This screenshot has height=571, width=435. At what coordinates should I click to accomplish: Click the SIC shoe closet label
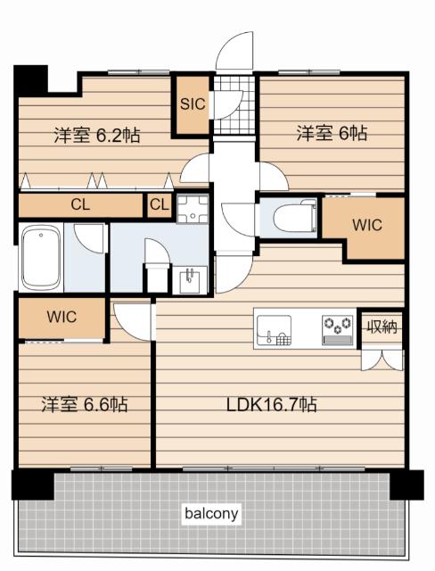pyautogui.click(x=193, y=104)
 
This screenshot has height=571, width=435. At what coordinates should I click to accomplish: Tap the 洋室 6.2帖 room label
pyautogui.click(x=97, y=135)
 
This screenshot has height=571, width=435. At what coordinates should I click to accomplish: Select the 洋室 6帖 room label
pyautogui.click(x=332, y=133)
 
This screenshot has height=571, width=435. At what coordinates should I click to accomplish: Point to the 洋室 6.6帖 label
pyautogui.click(x=85, y=404)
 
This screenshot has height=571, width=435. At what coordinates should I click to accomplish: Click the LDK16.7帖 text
pyautogui.click(x=271, y=404)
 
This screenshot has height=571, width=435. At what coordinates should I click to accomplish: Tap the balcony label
pyautogui.click(x=211, y=514)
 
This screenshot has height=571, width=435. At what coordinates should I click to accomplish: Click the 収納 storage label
pyautogui.click(x=382, y=327)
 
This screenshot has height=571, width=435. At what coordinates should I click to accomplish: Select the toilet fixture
pyautogui.click(x=295, y=218)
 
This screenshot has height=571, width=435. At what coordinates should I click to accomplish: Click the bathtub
pyautogui.click(x=41, y=258)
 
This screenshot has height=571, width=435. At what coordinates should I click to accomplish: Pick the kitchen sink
pyautogui.click(x=275, y=329)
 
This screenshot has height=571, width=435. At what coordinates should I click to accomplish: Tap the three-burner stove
pyautogui.click(x=338, y=329)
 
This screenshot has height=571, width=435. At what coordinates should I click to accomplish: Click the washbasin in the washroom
pyautogui.click(x=190, y=280)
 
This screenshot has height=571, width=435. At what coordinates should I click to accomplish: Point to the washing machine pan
pyautogui.click(x=193, y=209)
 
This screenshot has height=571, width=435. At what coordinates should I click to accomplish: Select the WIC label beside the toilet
pyautogui.click(x=367, y=225)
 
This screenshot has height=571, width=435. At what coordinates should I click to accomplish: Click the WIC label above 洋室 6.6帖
pyautogui.click(x=62, y=317)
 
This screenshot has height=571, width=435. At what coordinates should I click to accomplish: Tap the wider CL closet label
pyautogui.click(x=80, y=204)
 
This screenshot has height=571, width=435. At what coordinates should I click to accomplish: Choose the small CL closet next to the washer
pyautogui.click(x=160, y=204)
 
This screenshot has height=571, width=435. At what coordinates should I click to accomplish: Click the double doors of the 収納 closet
pyautogui.click(x=382, y=360)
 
